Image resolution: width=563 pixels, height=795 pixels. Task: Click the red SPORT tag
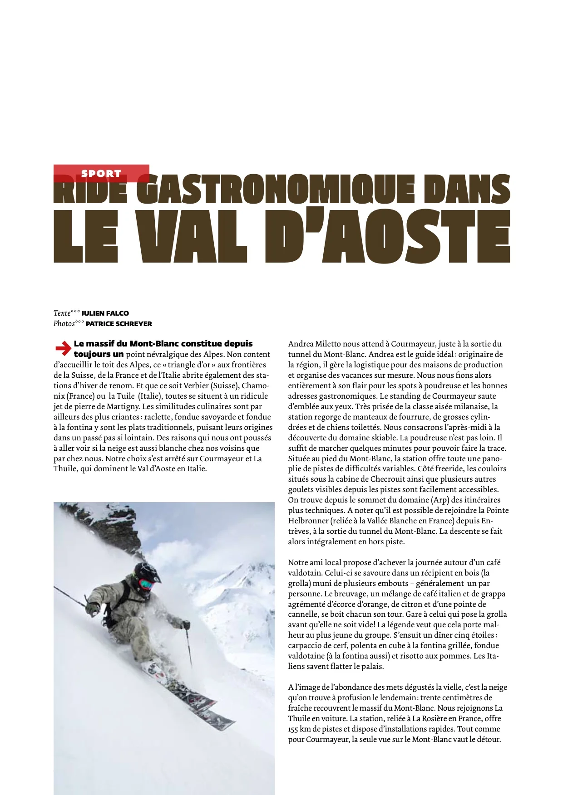tap(101, 173)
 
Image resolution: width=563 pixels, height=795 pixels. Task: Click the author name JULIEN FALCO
tap(105, 313)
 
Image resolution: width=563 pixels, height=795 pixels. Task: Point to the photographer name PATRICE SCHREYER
tap(119, 324)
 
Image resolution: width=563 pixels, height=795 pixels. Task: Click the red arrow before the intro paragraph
tap(63, 349)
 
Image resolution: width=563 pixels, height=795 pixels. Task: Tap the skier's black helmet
tap(147, 572)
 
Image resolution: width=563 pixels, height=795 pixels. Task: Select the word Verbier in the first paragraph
tap(196, 385)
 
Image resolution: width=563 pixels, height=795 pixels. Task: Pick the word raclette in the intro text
tap(158, 417)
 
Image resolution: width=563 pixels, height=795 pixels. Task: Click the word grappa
tap(493, 594)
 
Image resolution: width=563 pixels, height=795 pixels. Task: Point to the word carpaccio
tap(306, 645)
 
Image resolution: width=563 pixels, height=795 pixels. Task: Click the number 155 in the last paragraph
tap(294, 729)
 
